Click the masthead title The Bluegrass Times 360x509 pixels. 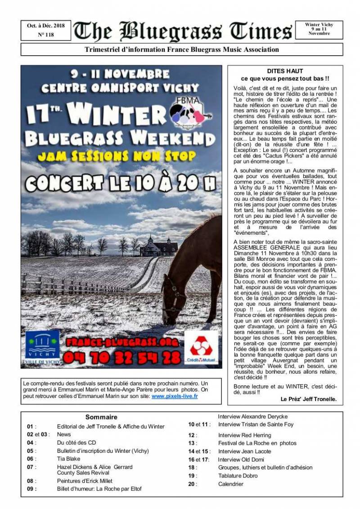[182, 32]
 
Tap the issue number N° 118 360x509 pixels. [45, 35]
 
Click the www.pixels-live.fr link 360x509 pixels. [175, 397]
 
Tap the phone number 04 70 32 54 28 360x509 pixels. [121, 357]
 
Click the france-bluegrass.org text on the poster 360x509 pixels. [121, 342]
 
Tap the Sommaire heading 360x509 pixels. [101, 417]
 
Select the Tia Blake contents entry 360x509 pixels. [68, 459]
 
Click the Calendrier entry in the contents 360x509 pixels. [231, 484]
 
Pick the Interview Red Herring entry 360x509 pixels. [244, 435]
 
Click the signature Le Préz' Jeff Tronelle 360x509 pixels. [308, 399]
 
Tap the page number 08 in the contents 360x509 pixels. [31, 481]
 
